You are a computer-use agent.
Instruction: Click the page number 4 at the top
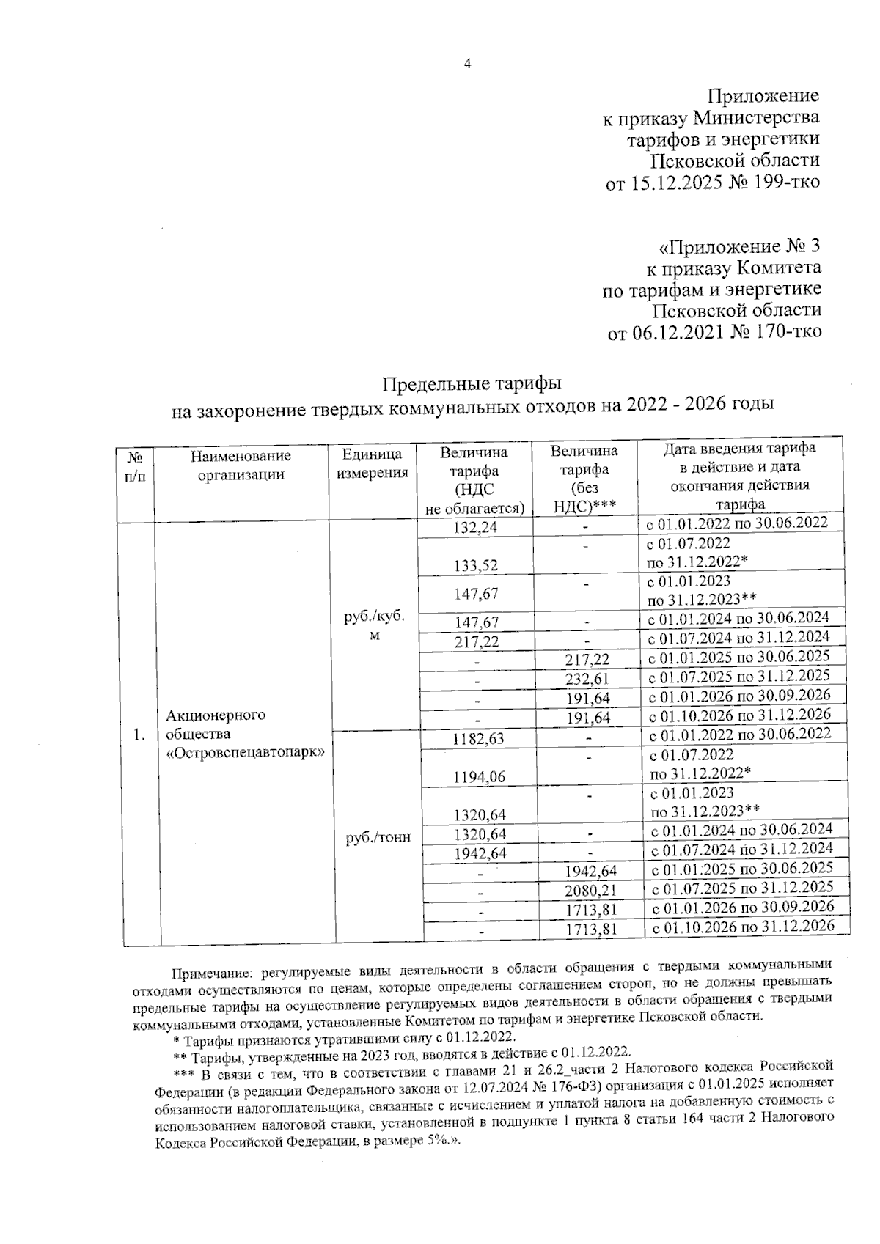point(468,64)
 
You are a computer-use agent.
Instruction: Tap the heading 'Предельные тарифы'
point(473,384)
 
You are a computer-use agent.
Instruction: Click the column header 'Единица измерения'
point(372,464)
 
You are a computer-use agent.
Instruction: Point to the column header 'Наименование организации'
point(241,465)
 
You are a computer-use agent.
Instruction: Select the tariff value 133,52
point(476,564)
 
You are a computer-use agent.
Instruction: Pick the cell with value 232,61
point(587,679)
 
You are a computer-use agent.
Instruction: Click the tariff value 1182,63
point(479,738)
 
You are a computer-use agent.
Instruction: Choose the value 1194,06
point(480,777)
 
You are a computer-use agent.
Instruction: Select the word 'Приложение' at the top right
point(762,96)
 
